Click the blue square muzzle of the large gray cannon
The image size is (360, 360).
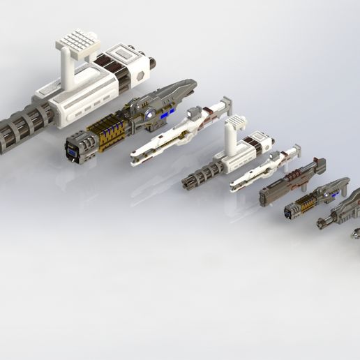73,149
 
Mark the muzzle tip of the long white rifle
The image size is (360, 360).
134,158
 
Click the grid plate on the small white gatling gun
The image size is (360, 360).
235,122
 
